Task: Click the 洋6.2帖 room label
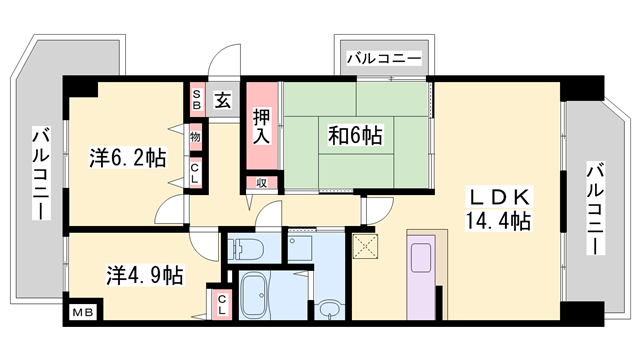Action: tap(127, 157)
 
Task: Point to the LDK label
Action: tap(495, 197)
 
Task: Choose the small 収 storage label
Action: tap(260, 182)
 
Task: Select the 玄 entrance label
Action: tap(223, 100)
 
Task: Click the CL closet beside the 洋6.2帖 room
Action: tap(196, 170)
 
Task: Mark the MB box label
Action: tap(79, 313)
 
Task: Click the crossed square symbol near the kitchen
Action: tap(365, 245)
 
